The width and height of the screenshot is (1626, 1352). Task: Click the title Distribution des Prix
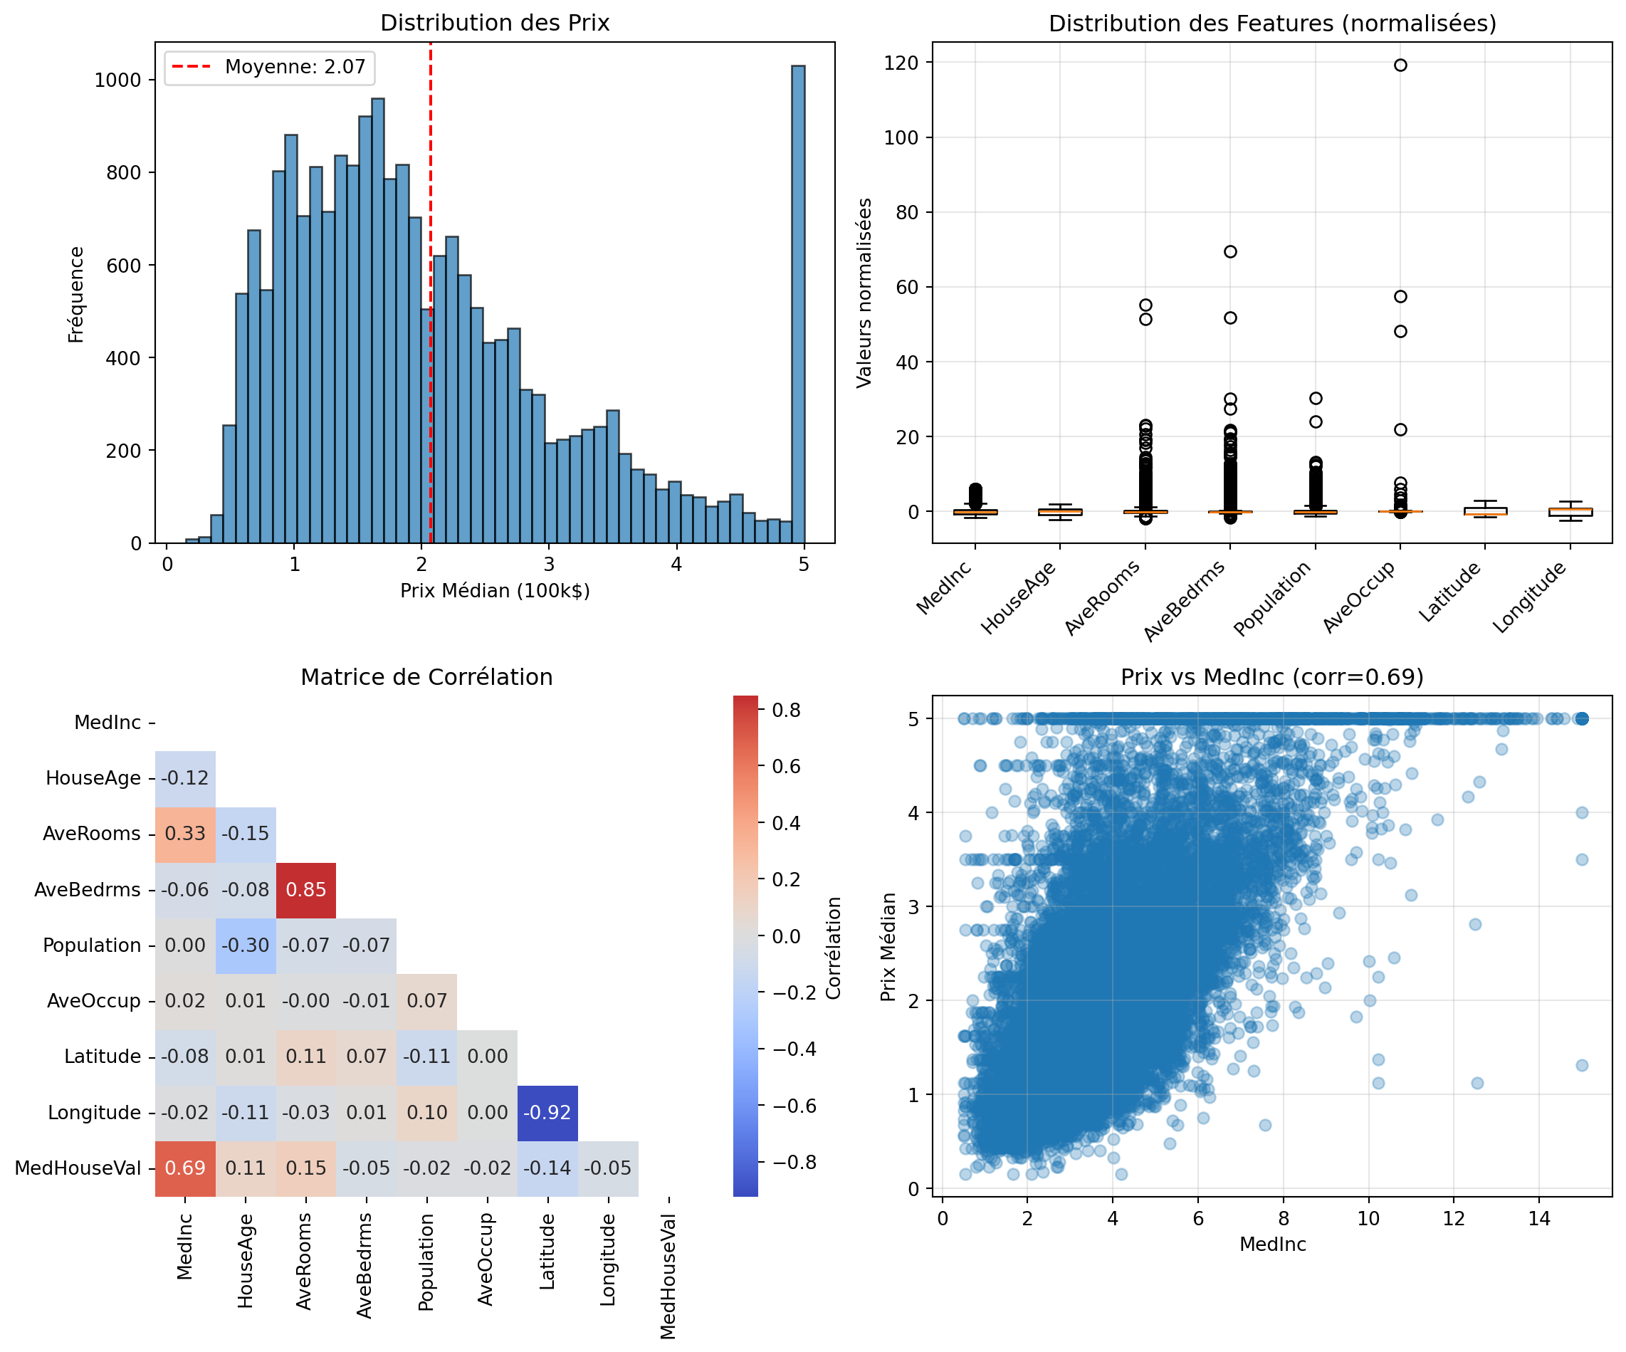(494, 23)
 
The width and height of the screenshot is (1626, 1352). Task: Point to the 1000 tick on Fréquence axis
(117, 80)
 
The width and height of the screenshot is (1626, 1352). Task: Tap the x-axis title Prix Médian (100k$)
(494, 591)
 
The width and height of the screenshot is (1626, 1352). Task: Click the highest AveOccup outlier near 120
(1400, 65)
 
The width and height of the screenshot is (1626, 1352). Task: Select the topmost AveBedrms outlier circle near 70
(1229, 251)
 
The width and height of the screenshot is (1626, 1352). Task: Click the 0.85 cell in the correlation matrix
(306, 890)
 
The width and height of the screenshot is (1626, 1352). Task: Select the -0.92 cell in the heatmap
(547, 1113)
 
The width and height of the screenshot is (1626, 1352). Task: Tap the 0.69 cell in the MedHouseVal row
(185, 1168)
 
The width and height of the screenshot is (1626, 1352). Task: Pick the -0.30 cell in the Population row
(246, 945)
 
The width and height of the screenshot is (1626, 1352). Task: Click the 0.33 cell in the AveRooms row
(185, 834)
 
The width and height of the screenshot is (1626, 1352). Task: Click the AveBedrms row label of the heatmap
(88, 890)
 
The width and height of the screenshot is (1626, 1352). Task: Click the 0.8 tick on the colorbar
(786, 710)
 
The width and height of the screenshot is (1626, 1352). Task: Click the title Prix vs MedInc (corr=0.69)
(1271, 678)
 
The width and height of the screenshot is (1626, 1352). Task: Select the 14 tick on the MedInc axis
(1538, 1219)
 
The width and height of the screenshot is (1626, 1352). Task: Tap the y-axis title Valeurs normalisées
(864, 293)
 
